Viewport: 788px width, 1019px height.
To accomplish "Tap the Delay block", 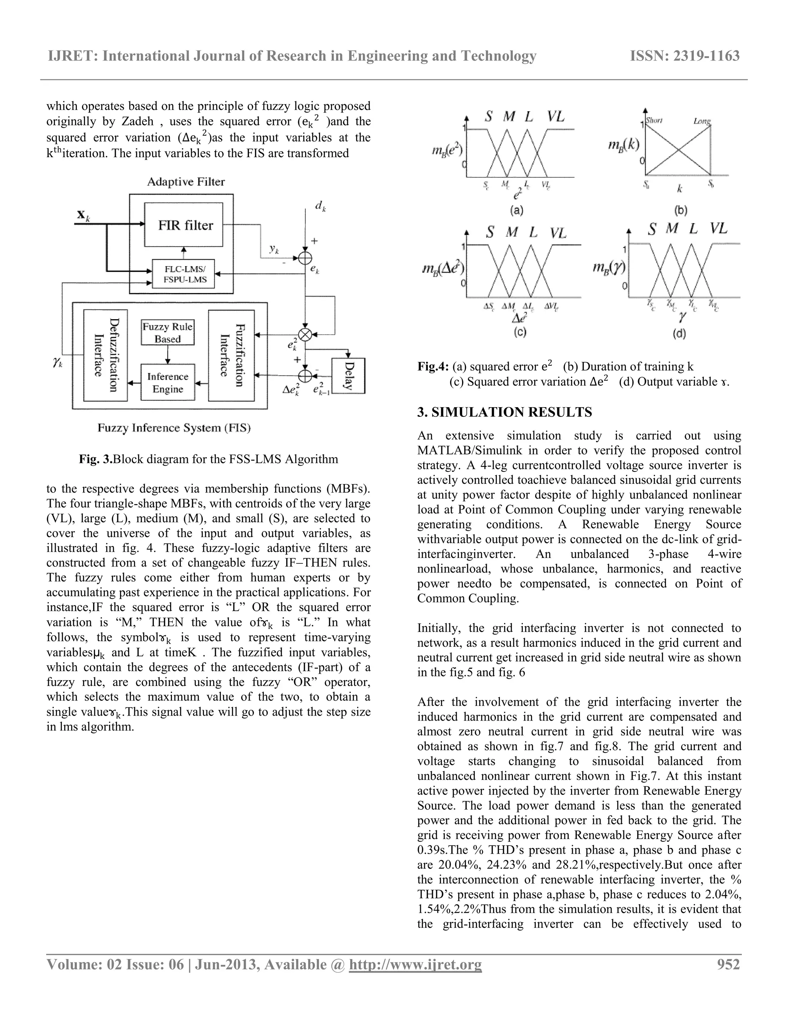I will (x=348, y=376).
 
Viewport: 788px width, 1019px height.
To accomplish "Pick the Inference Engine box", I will (x=168, y=383).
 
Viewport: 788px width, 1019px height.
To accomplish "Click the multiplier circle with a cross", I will (x=305, y=334).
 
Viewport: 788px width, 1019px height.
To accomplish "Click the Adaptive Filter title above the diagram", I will (x=186, y=182).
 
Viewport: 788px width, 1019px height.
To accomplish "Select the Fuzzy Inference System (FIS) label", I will (x=174, y=428).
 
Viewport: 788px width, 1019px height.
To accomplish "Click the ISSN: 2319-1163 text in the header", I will (x=685, y=56).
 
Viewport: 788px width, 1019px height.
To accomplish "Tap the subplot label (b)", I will (x=680, y=210).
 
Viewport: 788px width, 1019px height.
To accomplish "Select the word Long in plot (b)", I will (x=702, y=121).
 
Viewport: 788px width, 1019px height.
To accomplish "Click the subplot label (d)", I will (x=680, y=334).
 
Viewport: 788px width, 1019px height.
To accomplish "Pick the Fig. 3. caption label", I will (x=96, y=459).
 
